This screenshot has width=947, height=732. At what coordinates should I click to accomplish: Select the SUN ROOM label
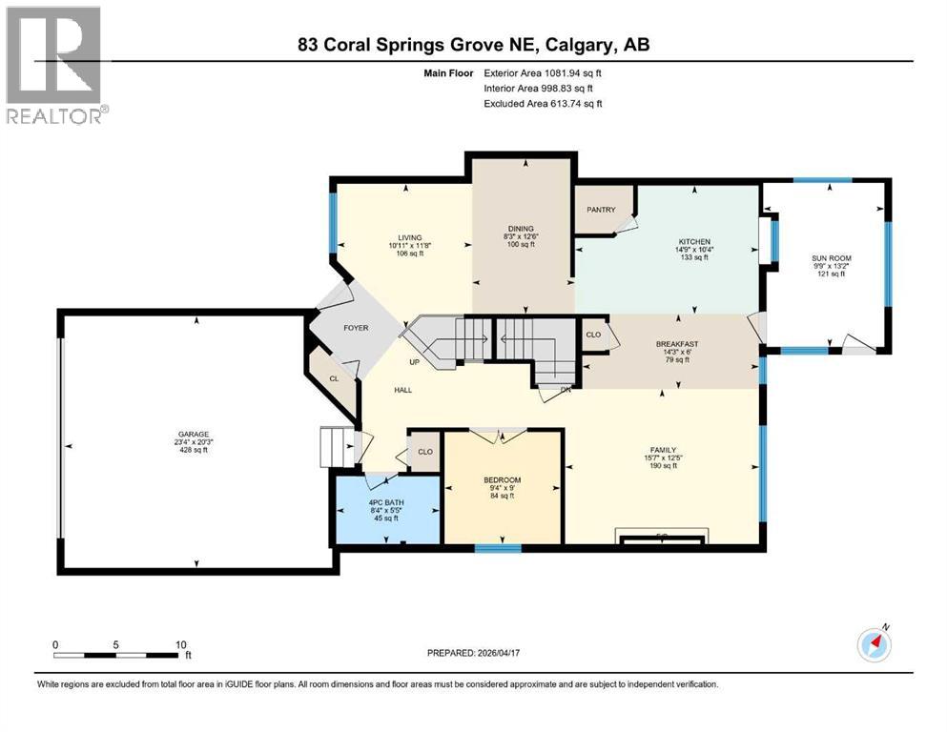(827, 257)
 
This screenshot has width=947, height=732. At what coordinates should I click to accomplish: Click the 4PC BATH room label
(387, 502)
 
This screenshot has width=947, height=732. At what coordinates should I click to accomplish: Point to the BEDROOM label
(502, 479)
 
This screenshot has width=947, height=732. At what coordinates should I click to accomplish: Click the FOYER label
(356, 328)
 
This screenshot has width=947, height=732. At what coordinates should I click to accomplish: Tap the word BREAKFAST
(678, 344)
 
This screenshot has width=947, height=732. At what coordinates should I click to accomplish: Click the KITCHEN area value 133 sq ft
(693, 257)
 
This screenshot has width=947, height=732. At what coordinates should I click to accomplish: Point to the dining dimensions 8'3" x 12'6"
(521, 236)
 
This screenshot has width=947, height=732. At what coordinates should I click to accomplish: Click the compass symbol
(873, 644)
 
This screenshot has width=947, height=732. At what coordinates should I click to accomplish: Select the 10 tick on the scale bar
(180, 644)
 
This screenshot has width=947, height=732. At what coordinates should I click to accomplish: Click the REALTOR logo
(56, 66)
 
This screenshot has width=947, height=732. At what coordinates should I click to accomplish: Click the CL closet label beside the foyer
(334, 378)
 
